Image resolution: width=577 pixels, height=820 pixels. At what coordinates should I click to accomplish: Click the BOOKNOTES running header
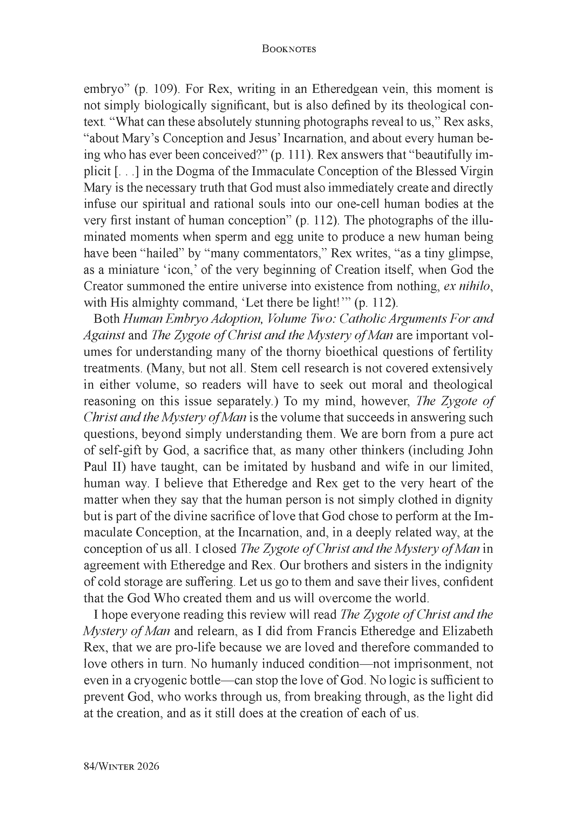(288, 49)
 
